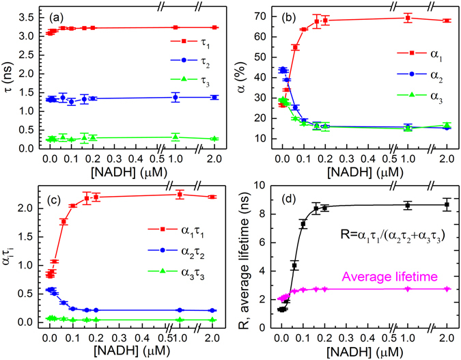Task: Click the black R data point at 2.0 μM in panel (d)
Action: click(x=447, y=204)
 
